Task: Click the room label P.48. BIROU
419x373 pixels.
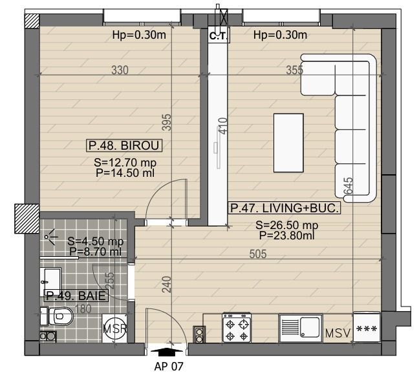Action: pyautogui.click(x=124, y=145)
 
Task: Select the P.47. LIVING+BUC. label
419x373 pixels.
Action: pyautogui.click(x=284, y=208)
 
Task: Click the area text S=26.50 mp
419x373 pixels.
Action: pyautogui.click(x=287, y=225)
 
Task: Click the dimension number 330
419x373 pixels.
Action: pyautogui.click(x=120, y=70)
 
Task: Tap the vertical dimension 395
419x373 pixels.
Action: pyautogui.click(x=166, y=122)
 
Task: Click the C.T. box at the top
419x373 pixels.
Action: pyautogui.click(x=217, y=36)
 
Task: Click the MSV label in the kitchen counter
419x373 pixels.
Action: pyautogui.click(x=338, y=334)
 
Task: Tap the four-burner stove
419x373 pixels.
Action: pyautogui.click(x=236, y=327)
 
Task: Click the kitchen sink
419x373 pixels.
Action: pyautogui.click(x=300, y=327)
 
